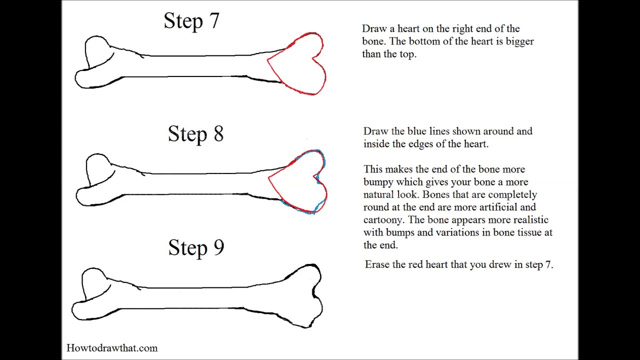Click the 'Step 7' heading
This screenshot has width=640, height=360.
click(x=191, y=21)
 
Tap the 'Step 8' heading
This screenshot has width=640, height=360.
click(x=195, y=134)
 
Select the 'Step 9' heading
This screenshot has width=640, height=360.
click(x=196, y=247)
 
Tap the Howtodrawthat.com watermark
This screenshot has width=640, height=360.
click(x=112, y=348)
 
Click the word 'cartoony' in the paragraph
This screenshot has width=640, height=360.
click(x=384, y=220)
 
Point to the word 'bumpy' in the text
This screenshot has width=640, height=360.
click(x=378, y=182)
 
